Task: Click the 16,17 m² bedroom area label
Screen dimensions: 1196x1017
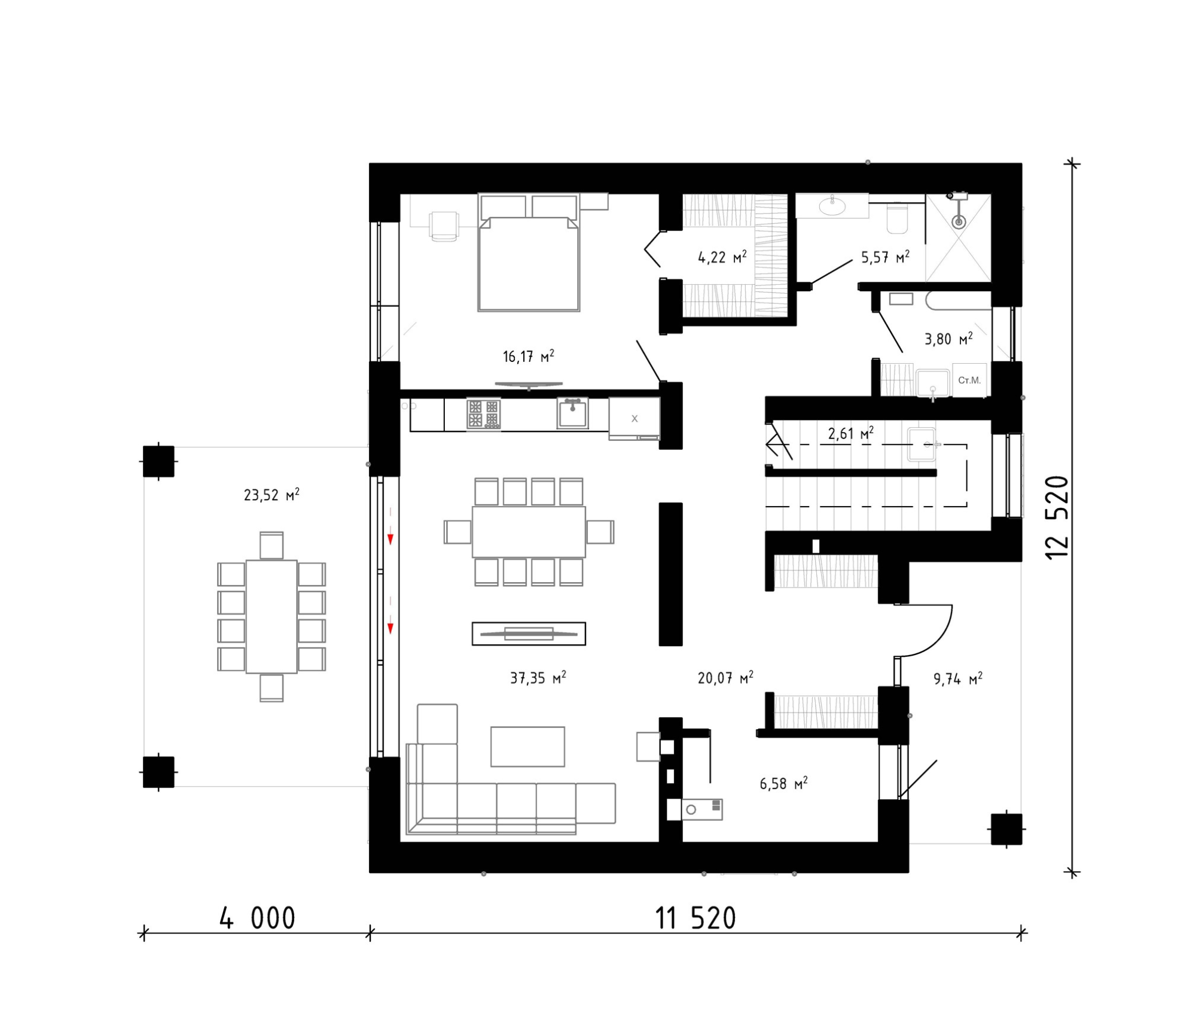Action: pyautogui.click(x=528, y=357)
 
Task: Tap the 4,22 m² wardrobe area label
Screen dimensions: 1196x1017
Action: pyautogui.click(x=722, y=257)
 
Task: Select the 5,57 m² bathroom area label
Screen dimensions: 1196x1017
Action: pyautogui.click(x=885, y=257)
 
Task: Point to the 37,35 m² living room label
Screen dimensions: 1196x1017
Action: pyautogui.click(x=538, y=678)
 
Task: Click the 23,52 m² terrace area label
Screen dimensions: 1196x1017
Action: pyautogui.click(x=271, y=495)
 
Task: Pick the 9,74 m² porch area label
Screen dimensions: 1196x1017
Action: pyautogui.click(x=957, y=678)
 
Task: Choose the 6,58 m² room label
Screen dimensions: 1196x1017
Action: pyautogui.click(x=783, y=784)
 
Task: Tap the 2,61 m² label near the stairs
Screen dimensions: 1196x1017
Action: pyautogui.click(x=850, y=433)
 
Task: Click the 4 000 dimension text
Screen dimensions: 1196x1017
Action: pyautogui.click(x=257, y=918)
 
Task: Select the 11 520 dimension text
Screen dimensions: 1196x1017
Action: pyautogui.click(x=695, y=918)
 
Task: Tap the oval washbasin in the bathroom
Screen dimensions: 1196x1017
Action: pyautogui.click(x=832, y=206)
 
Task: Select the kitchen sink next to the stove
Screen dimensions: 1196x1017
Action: pyautogui.click(x=572, y=413)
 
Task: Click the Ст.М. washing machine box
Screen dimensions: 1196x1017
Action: pyautogui.click(x=969, y=380)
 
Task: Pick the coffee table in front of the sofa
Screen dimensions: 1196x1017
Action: pyautogui.click(x=527, y=747)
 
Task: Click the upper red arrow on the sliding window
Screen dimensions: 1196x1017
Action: pyautogui.click(x=390, y=526)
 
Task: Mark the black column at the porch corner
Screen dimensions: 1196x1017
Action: pyautogui.click(x=1006, y=829)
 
